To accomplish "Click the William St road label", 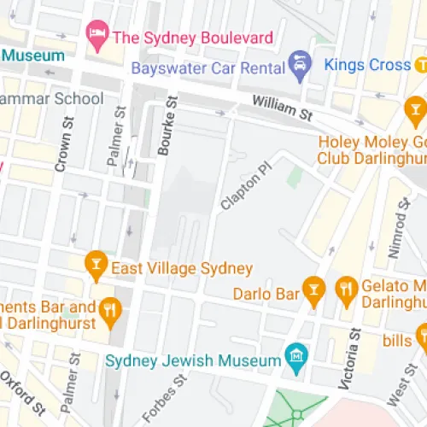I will [282, 108].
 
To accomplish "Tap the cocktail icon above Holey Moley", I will [416, 108].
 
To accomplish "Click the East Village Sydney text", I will [183, 268].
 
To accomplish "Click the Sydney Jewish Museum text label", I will [194, 360].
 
